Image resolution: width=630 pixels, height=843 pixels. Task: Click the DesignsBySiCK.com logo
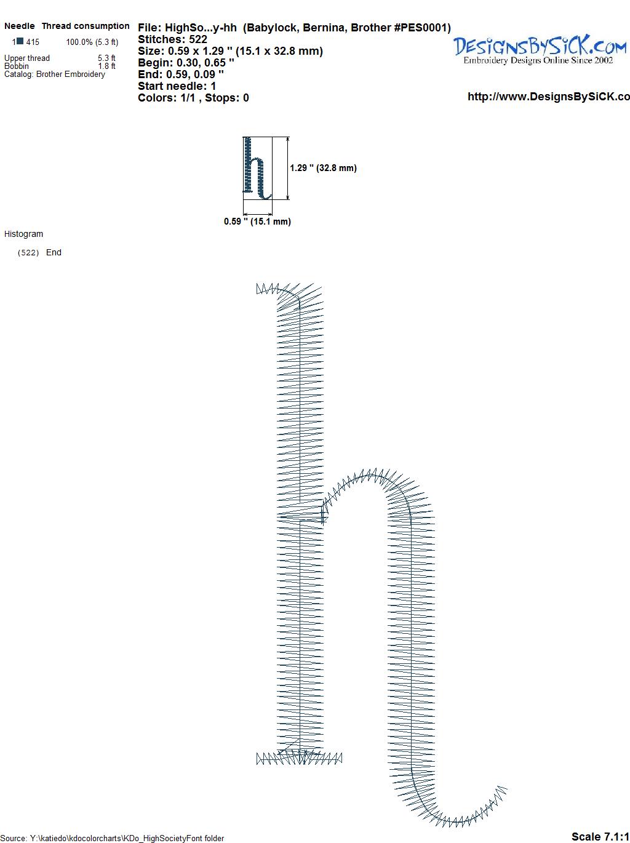coord(540,50)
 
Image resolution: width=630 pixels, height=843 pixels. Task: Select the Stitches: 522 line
coord(172,39)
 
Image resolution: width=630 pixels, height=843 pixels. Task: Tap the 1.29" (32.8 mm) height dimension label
coord(323,168)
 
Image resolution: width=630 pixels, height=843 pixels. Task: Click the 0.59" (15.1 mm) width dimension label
coord(257,222)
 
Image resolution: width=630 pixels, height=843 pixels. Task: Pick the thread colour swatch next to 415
coord(20,41)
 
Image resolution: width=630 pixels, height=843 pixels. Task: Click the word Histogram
coord(23,234)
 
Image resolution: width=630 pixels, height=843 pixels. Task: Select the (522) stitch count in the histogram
coord(28,253)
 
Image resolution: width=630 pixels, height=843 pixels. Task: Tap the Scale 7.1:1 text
coord(600,836)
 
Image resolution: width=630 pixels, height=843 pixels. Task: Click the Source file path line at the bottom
coord(112,838)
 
